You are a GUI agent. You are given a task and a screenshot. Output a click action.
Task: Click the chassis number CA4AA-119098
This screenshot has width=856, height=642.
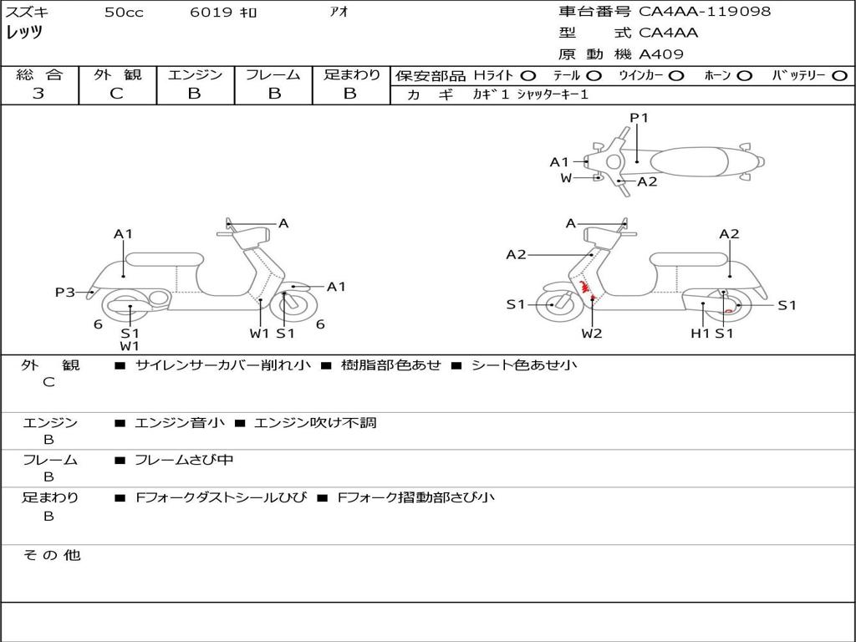click(x=705, y=12)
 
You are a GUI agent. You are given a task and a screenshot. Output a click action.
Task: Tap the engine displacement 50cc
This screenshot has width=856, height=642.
click(x=124, y=13)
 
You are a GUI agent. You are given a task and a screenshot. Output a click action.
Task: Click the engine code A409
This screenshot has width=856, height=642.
click(x=661, y=54)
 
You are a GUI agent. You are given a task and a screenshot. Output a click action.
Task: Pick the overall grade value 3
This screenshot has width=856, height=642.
click(x=38, y=94)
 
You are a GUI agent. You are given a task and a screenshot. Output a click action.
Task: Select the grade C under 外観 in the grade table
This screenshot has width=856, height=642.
click(x=116, y=94)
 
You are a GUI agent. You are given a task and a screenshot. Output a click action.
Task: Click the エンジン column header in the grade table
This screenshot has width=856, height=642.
click(x=195, y=75)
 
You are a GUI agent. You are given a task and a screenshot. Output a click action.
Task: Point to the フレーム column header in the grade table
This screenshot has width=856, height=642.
click(x=273, y=75)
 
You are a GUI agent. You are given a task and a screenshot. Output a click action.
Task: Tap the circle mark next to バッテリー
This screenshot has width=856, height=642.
click(x=839, y=76)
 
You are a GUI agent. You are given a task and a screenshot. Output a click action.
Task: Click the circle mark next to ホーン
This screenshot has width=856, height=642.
click(x=744, y=76)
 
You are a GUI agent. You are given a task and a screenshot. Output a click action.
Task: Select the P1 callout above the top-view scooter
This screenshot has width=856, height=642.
click(x=639, y=118)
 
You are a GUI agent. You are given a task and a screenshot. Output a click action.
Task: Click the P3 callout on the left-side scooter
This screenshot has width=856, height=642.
click(x=65, y=292)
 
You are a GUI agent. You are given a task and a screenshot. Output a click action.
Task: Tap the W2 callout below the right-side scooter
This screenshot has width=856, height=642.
click(x=592, y=334)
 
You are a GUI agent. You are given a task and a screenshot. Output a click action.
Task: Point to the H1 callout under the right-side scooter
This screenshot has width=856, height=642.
click(x=700, y=334)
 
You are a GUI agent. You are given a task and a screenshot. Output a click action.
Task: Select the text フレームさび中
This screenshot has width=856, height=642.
click(x=184, y=460)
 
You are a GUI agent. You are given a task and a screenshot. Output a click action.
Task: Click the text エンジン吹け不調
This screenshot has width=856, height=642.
click(x=315, y=423)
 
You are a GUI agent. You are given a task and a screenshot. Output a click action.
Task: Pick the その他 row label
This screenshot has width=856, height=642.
click(x=51, y=555)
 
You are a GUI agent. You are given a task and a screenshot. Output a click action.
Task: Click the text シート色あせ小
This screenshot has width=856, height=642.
click(x=524, y=365)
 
